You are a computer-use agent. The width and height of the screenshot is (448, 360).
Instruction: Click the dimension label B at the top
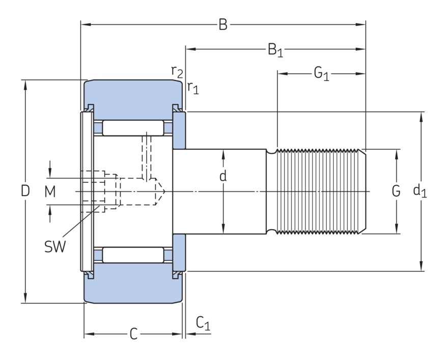[x=223, y=24]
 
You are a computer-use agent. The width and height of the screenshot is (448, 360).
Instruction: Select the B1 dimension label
[x=275, y=50]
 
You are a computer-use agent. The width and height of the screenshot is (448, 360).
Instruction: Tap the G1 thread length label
[x=321, y=74]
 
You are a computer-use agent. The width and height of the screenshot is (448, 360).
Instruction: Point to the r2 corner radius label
[x=177, y=72]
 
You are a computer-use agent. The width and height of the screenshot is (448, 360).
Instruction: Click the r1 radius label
[x=192, y=88]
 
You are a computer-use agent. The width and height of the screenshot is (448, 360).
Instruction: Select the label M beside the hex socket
[x=49, y=191]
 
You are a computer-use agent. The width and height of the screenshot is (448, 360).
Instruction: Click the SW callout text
[x=54, y=247]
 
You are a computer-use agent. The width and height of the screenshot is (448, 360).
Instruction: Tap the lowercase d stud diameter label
[x=223, y=177]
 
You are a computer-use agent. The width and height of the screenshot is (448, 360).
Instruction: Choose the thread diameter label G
[x=396, y=191]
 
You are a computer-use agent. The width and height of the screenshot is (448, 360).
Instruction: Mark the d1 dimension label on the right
[x=420, y=191]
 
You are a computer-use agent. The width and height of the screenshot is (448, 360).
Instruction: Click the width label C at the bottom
[x=133, y=334]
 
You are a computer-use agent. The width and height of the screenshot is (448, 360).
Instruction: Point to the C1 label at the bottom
[x=203, y=323]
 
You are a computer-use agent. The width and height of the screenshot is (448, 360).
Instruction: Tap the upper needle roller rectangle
[x=133, y=128]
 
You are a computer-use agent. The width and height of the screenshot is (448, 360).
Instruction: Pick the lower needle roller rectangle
[x=133, y=255]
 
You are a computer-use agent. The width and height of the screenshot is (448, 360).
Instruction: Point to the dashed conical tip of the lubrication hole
[x=160, y=191]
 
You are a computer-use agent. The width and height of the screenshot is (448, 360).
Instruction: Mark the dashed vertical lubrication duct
[x=148, y=155]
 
